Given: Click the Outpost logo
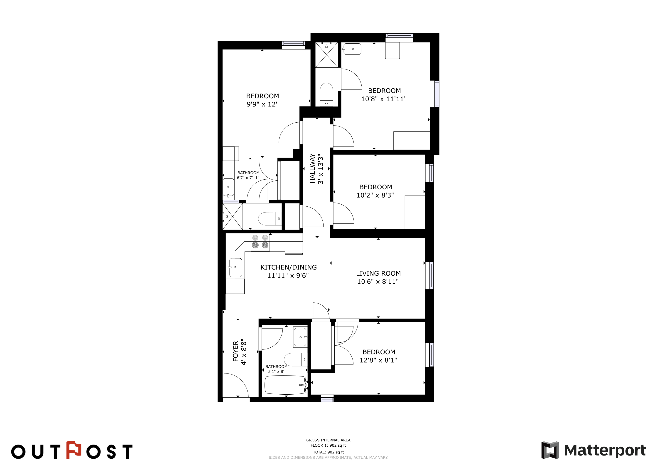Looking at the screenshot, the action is pyautogui.click(x=72, y=450).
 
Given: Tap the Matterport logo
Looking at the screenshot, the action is pyautogui.click(x=593, y=450).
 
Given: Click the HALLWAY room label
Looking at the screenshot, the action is pyautogui.click(x=312, y=168).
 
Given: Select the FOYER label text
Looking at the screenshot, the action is pyautogui.click(x=235, y=351).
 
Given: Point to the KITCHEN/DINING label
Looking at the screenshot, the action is pyautogui.click(x=288, y=267).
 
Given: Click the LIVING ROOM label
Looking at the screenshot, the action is pyautogui.click(x=378, y=273).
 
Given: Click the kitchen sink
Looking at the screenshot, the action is pyautogui.click(x=235, y=268).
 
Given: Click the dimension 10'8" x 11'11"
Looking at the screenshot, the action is pyautogui.click(x=384, y=99).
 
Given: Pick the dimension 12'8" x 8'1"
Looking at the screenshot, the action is pyautogui.click(x=378, y=360).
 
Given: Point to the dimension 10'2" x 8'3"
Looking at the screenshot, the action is pyautogui.click(x=375, y=195).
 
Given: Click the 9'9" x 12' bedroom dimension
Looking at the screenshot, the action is pyautogui.click(x=262, y=104).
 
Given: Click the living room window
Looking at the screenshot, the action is pyautogui.click(x=429, y=275).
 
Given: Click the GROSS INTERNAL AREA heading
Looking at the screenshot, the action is pyautogui.click(x=328, y=440).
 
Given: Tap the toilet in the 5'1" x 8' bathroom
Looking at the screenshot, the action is pyautogui.click(x=296, y=360).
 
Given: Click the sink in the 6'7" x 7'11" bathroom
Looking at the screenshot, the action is pyautogui.click(x=228, y=188).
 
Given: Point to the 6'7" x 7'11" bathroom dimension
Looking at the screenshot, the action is pyautogui.click(x=248, y=178).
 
